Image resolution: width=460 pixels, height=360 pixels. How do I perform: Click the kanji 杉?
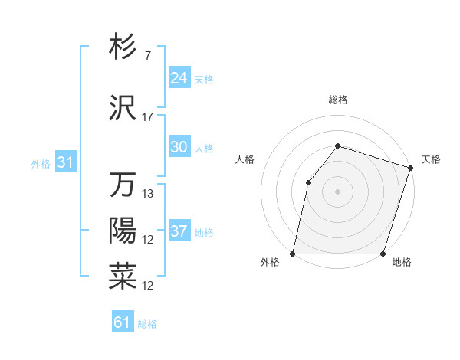[x=123, y=47]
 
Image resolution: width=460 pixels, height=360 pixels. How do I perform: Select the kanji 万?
[x=123, y=185]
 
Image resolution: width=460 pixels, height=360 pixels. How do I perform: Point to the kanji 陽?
[x=123, y=231]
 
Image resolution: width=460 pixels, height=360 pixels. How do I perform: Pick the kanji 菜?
[x=123, y=277]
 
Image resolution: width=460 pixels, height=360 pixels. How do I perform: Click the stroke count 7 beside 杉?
[x=147, y=55]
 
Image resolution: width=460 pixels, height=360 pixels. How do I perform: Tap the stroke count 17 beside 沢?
[x=148, y=117]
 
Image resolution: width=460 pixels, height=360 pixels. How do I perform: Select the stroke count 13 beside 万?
[x=148, y=194]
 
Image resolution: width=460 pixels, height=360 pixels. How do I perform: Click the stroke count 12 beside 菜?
[x=148, y=286]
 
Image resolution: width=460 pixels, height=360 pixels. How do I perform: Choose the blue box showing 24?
[x=179, y=78]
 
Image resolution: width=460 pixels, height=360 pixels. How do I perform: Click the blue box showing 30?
[x=179, y=148]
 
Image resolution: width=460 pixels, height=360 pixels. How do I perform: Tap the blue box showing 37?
[x=179, y=232]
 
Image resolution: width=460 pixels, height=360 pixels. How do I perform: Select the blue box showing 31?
[x=65, y=163]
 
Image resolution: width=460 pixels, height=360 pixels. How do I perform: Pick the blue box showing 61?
[x=123, y=322]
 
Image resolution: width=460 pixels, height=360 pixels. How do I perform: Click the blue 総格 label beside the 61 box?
[x=147, y=324]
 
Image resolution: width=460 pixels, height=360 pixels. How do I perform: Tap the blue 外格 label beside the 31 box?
[x=40, y=164]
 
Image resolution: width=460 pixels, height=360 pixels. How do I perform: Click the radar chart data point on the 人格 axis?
[x=308, y=182]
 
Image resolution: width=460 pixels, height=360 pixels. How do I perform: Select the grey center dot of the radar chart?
[x=337, y=191]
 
